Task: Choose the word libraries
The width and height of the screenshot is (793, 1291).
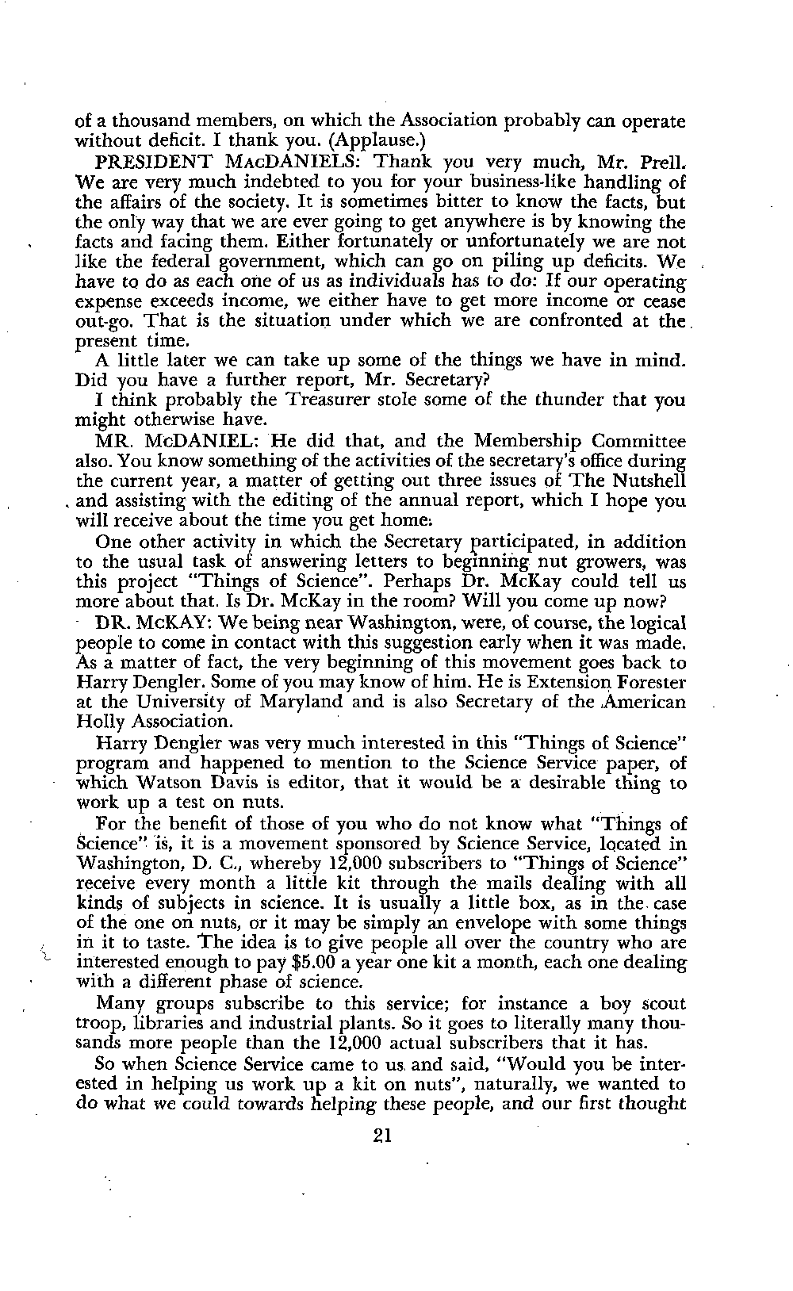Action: tap(167, 1023)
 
